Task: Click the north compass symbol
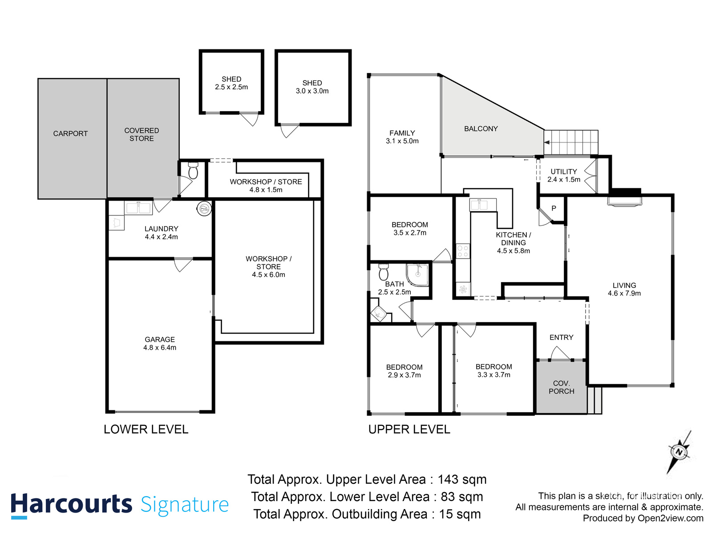click(x=679, y=452)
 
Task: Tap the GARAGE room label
click(x=160, y=344)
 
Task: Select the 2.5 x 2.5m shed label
click(x=231, y=83)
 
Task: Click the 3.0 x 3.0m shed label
click(x=312, y=87)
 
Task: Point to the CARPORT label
click(x=70, y=133)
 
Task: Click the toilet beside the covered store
click(x=193, y=171)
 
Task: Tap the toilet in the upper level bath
click(x=384, y=272)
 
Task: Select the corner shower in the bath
click(x=417, y=275)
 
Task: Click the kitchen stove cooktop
click(x=463, y=251)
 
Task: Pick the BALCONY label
click(x=481, y=129)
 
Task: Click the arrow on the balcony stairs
click(x=547, y=142)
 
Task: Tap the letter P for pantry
click(x=554, y=208)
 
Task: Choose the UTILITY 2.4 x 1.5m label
click(x=564, y=176)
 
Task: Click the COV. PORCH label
click(x=561, y=387)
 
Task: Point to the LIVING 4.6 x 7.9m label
click(x=624, y=289)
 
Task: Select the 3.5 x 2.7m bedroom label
click(x=410, y=229)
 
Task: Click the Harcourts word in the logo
click(x=71, y=505)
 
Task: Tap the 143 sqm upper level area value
click(x=462, y=480)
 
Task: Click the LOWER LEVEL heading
click(x=146, y=429)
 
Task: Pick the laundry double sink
click(x=138, y=208)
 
